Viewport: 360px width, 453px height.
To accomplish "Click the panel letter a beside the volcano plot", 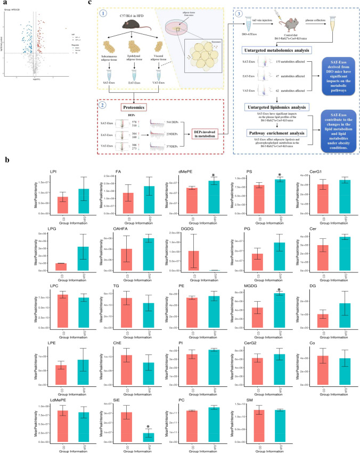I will pyautogui.click(x=4, y=3).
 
